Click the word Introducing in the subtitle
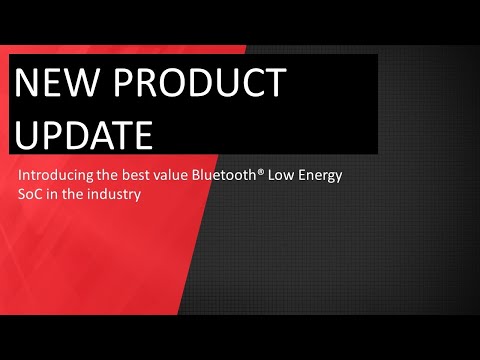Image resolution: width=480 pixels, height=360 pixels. click(56, 177)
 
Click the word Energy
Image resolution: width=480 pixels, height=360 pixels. click(325, 178)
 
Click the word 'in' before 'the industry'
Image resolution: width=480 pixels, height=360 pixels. click(54, 195)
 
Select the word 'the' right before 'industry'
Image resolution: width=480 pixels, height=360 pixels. click(75, 195)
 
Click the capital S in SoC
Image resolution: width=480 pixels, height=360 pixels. click(22, 195)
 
